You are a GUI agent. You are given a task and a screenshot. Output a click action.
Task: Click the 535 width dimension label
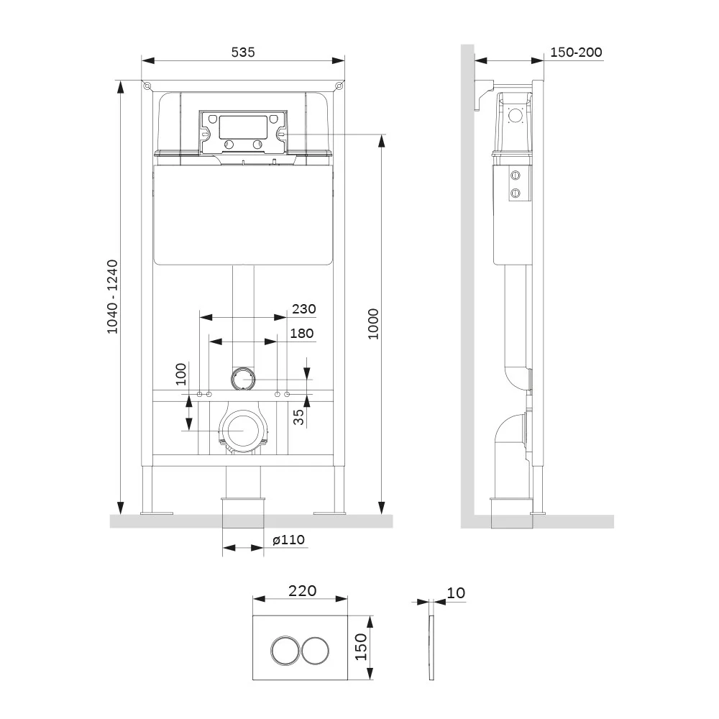[242, 52]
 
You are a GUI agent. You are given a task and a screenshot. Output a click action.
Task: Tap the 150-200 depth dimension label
[576, 52]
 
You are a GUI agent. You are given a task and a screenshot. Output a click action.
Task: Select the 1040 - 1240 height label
[113, 297]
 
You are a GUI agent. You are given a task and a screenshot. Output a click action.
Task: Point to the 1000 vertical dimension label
[374, 324]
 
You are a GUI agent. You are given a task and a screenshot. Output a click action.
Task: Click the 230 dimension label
[303, 309]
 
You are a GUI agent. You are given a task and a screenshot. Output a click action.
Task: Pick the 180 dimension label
[302, 334]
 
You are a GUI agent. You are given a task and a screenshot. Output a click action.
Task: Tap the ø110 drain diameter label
[288, 540]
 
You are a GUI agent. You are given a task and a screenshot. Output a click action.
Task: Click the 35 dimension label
[298, 417]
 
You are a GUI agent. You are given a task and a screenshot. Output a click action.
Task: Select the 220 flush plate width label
[303, 590]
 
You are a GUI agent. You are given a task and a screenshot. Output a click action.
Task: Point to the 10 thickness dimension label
[456, 593]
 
